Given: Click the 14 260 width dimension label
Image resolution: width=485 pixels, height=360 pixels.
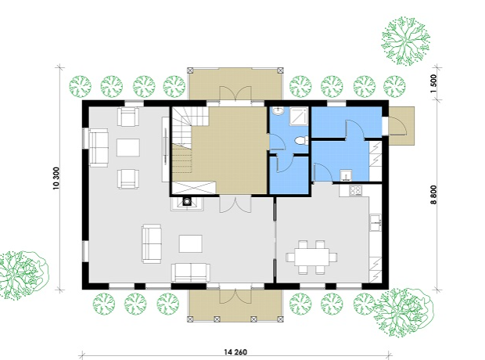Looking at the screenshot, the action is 235,352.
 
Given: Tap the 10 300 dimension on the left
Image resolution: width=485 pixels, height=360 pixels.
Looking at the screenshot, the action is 56,178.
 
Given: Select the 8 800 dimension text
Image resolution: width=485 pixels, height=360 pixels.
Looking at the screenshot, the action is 433,195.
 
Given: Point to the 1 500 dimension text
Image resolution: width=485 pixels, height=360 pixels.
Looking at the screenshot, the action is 433,84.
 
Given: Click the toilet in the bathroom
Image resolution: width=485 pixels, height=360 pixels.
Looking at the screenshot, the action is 301,141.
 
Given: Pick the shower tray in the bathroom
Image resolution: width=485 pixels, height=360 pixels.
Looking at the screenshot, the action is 299,117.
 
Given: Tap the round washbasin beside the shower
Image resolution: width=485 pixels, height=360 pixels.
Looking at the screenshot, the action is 279,111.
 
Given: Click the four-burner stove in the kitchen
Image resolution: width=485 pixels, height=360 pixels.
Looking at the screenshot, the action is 355,190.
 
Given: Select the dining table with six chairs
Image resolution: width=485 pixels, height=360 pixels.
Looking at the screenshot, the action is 312,257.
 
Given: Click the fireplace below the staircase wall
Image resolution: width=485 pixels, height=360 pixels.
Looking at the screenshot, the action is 187,203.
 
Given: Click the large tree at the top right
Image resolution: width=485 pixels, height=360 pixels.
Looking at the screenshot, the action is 405,41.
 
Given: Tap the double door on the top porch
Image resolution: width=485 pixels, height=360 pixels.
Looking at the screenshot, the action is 235,93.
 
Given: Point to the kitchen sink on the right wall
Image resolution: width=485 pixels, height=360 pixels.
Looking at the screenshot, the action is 375,222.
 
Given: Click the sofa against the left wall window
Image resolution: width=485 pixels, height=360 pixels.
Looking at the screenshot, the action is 99,148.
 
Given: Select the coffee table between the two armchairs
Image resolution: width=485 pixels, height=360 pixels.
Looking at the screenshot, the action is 128,148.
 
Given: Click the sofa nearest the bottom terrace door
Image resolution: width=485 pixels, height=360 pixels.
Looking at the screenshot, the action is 191,272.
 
